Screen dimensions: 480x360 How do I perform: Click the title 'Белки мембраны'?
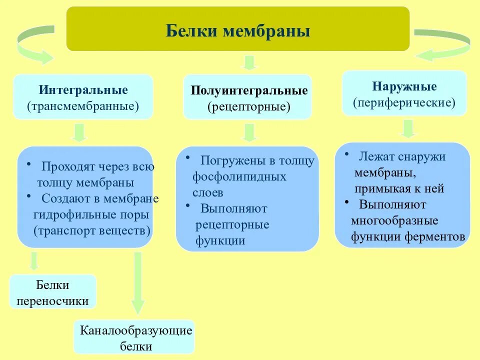[238, 31]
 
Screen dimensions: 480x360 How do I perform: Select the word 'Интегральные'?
[83, 90]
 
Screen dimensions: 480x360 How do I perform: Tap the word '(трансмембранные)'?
[83, 106]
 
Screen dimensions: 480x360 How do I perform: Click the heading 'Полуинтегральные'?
[249, 91]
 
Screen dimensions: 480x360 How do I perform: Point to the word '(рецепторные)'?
[249, 106]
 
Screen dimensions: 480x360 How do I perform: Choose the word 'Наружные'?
[404, 86]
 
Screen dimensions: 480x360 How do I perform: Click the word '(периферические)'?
[404, 102]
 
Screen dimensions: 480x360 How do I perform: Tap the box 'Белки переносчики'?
[52, 293]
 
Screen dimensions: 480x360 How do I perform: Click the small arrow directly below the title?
[248, 62]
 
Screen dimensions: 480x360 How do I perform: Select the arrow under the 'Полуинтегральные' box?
[248, 132]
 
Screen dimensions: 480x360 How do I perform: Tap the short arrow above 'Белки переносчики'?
[34, 261]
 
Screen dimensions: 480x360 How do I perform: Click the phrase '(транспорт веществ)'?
[92, 231]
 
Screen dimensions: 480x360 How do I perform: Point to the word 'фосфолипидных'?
[239, 176]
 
